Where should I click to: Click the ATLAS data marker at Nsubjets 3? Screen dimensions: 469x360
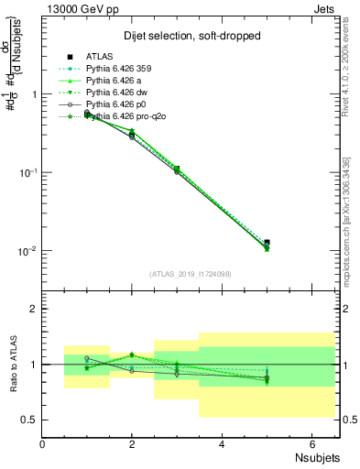[x=177, y=169]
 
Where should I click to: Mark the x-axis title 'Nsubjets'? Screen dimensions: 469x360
[x=316, y=455]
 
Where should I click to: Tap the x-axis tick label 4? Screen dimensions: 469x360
[x=222, y=443]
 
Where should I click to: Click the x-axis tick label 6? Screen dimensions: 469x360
[x=311, y=443]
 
